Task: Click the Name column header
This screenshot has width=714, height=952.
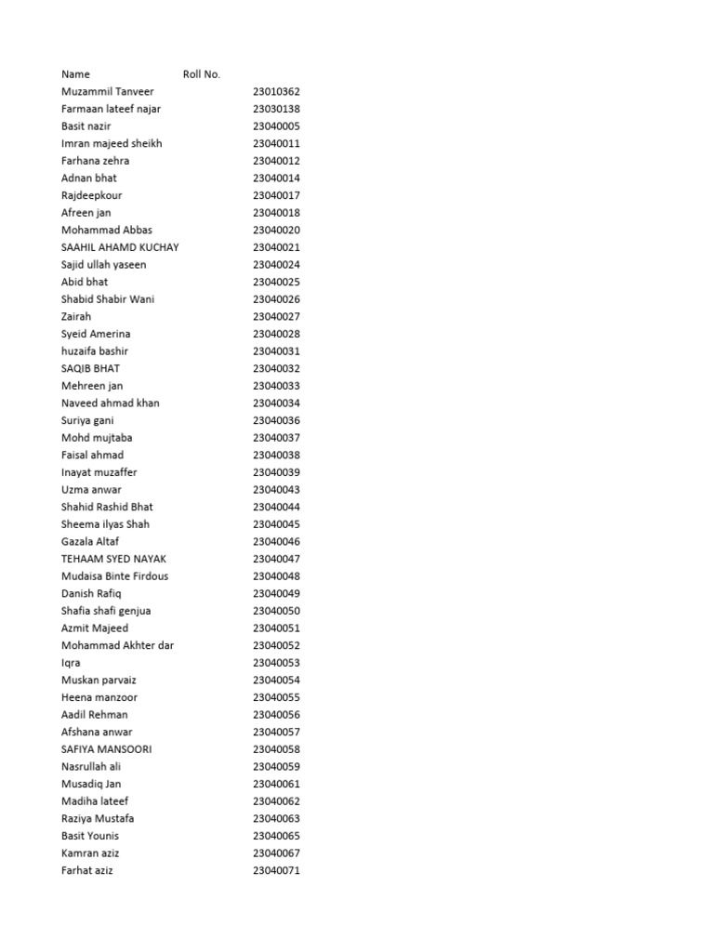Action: click(76, 74)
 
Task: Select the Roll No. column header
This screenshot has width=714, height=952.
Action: click(202, 74)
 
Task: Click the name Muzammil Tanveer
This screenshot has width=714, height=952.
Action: click(108, 92)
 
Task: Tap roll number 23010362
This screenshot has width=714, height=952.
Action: click(276, 92)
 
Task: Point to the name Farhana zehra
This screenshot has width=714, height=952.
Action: click(96, 161)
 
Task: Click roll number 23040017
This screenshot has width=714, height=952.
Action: click(276, 195)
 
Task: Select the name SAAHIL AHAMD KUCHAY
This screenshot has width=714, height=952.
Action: click(120, 247)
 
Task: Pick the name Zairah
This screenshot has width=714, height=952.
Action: click(76, 317)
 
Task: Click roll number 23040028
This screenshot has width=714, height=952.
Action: click(276, 334)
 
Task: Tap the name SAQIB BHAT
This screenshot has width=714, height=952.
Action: click(90, 368)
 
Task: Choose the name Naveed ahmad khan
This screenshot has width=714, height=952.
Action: click(110, 403)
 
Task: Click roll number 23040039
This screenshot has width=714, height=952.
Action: click(276, 472)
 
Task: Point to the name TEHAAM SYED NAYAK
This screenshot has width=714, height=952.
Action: click(114, 559)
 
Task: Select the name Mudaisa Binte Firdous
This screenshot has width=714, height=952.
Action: click(115, 576)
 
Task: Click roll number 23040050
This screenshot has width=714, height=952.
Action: click(276, 611)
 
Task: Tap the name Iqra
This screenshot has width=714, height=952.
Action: click(71, 663)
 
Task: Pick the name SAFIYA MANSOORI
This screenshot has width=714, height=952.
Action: click(107, 749)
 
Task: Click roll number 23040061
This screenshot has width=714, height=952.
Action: click(276, 784)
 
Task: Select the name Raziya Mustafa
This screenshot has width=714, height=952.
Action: click(98, 818)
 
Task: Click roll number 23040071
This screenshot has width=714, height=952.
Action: click(276, 870)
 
